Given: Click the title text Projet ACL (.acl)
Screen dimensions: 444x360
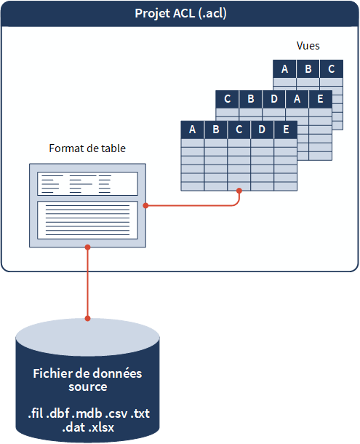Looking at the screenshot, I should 180,14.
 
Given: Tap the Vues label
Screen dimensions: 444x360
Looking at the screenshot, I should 308,46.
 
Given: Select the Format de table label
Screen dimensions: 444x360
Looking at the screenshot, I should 87,148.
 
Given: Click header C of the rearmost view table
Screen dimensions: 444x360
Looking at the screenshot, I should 332,69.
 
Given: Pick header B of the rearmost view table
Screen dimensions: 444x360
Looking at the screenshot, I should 308,69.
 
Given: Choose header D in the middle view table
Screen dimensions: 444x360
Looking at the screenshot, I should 274,99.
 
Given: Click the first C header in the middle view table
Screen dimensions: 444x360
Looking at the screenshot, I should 228,99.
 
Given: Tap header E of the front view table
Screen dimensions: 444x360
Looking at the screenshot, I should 286,130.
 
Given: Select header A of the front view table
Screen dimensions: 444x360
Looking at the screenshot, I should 193,130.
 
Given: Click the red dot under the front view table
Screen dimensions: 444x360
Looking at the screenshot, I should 239,191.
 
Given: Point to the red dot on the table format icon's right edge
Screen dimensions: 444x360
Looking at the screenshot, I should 146,205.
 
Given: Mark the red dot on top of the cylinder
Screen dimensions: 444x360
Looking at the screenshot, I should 87,318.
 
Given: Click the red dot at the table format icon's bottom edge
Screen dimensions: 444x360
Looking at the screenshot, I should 87,247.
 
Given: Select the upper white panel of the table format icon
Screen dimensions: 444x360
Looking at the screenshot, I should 87,183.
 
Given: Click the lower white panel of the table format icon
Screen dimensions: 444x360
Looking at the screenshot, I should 87,221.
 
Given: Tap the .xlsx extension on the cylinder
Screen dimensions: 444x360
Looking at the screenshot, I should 101,428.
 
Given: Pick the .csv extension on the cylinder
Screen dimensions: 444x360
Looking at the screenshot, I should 116,414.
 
